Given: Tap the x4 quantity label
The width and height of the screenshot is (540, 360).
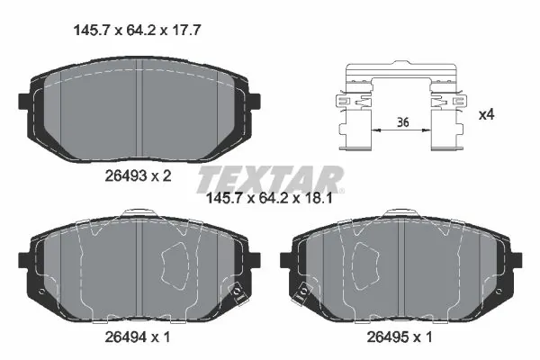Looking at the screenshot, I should [x=486, y=114].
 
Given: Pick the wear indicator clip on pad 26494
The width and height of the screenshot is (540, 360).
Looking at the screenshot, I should [x=238, y=292].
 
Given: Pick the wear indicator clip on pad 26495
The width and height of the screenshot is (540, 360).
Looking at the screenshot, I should [x=304, y=292].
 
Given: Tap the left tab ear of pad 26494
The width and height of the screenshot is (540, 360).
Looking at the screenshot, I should [x=24, y=259].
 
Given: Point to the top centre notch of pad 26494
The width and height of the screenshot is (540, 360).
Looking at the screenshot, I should [x=139, y=213].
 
